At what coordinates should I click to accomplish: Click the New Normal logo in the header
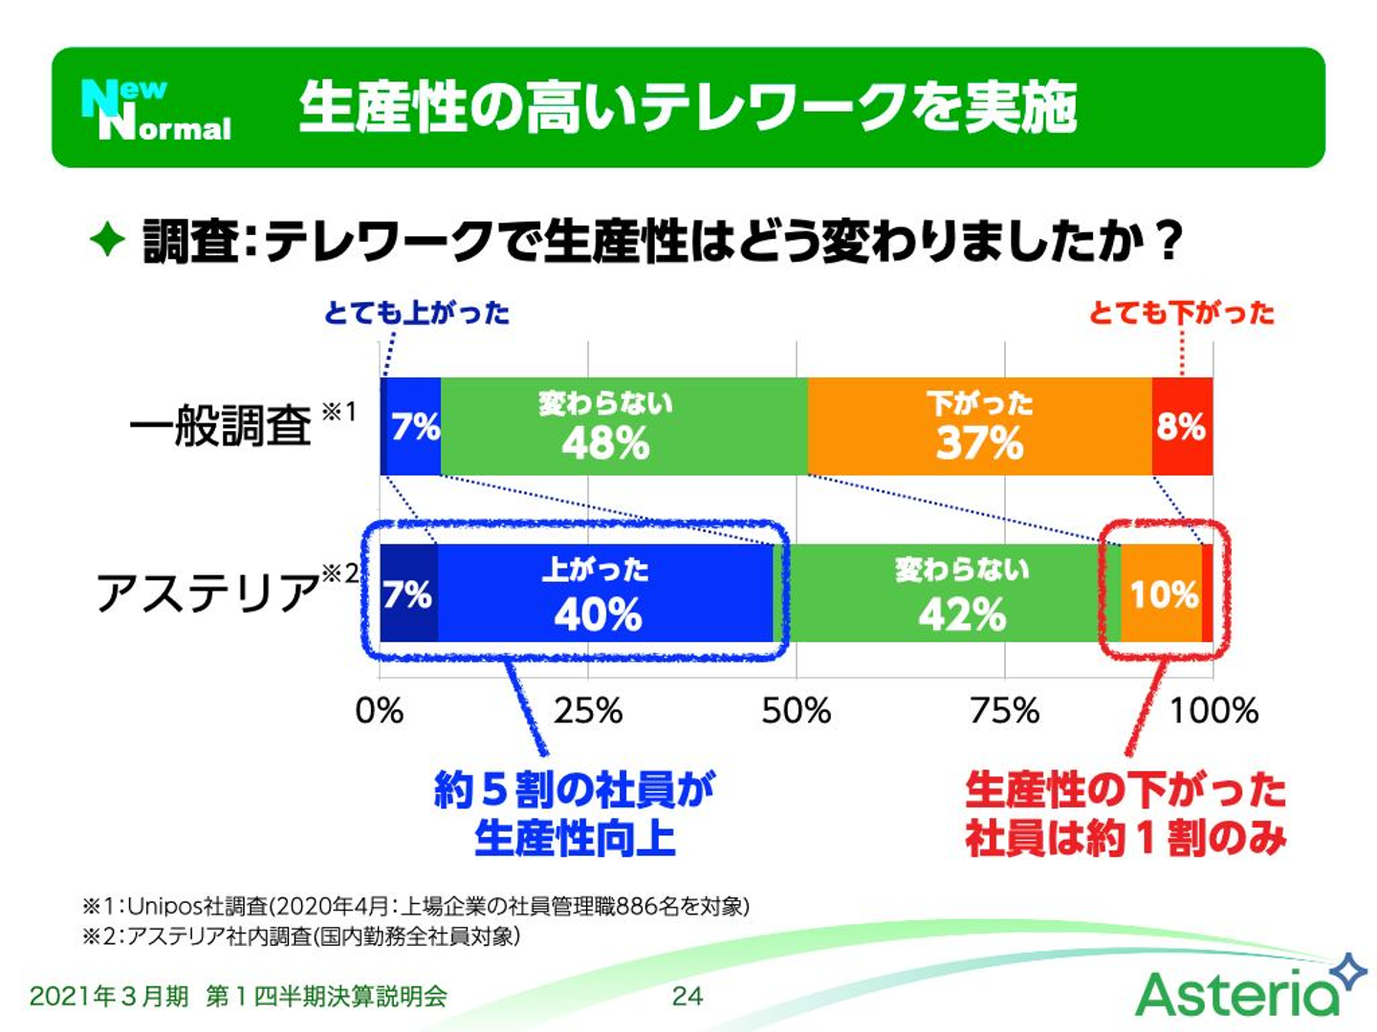point(156,109)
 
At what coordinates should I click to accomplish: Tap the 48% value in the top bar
point(605,443)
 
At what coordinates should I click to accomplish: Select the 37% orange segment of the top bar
point(979,426)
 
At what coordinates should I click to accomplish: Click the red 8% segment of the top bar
point(1182,426)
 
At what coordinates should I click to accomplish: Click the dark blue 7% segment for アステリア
point(408,594)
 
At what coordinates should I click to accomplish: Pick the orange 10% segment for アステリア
point(1162,594)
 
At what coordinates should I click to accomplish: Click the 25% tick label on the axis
point(587,711)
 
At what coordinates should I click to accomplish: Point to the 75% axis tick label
point(1004,711)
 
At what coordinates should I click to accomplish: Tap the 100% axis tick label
point(1213,711)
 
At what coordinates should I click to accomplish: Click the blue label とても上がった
point(417,312)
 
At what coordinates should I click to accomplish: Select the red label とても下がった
point(1182,312)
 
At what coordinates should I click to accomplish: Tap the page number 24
point(687,996)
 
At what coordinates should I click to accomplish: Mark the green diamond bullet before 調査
point(107,239)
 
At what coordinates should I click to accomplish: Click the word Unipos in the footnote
point(164,906)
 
